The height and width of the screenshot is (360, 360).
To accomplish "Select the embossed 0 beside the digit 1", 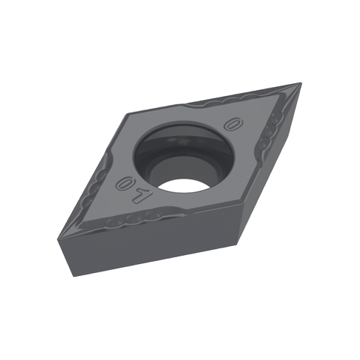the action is [x=124, y=183].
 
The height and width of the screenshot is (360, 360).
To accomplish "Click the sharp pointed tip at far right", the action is [x=300, y=83].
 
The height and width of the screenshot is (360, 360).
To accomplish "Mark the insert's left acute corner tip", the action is [x=58, y=238].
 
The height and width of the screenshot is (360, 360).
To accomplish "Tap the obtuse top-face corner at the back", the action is [x=128, y=114].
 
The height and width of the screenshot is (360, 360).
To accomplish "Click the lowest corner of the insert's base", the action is [x=73, y=276].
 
